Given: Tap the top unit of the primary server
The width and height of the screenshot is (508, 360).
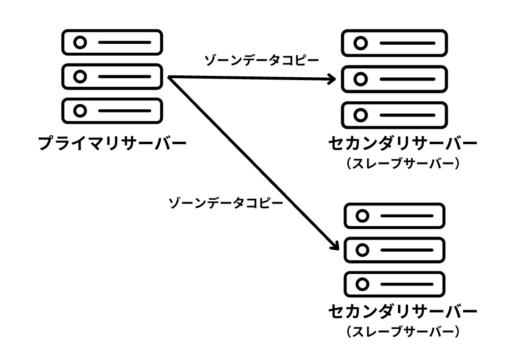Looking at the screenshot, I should pyautogui.click(x=112, y=42).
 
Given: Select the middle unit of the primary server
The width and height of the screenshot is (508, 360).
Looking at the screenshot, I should pyautogui.click(x=112, y=76).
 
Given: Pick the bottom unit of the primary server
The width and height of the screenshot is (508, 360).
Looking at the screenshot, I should pyautogui.click(x=112, y=111).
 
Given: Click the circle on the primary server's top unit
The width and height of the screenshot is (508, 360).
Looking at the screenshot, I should pyautogui.click(x=81, y=42).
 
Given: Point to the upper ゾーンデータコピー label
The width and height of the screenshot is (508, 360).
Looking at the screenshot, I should pyautogui.click(x=262, y=60).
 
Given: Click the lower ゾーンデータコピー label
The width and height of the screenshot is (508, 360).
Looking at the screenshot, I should pyautogui.click(x=226, y=204).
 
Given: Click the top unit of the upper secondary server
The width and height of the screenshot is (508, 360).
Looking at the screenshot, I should pyautogui.click(x=394, y=43).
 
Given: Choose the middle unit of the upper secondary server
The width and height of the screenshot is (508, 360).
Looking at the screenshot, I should pyautogui.click(x=394, y=79).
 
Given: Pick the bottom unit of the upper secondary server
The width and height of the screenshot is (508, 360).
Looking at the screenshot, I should pyautogui.click(x=394, y=115).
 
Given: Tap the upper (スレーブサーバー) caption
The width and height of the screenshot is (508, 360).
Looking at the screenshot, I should pyautogui.click(x=402, y=164).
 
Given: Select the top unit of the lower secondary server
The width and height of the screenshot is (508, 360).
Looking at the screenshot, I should pyautogui.click(x=394, y=216).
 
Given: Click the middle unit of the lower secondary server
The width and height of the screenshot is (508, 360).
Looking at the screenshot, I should pyautogui.click(x=394, y=250).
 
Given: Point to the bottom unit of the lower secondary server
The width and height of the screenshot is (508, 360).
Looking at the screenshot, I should pyautogui.click(x=394, y=285).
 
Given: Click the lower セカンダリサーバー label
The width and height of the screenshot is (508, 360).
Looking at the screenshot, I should pyautogui.click(x=402, y=312).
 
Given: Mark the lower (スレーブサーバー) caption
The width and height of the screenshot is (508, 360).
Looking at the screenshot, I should pyautogui.click(x=402, y=332).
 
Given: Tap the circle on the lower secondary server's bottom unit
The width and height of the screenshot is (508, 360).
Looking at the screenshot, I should pyautogui.click(x=362, y=285).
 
